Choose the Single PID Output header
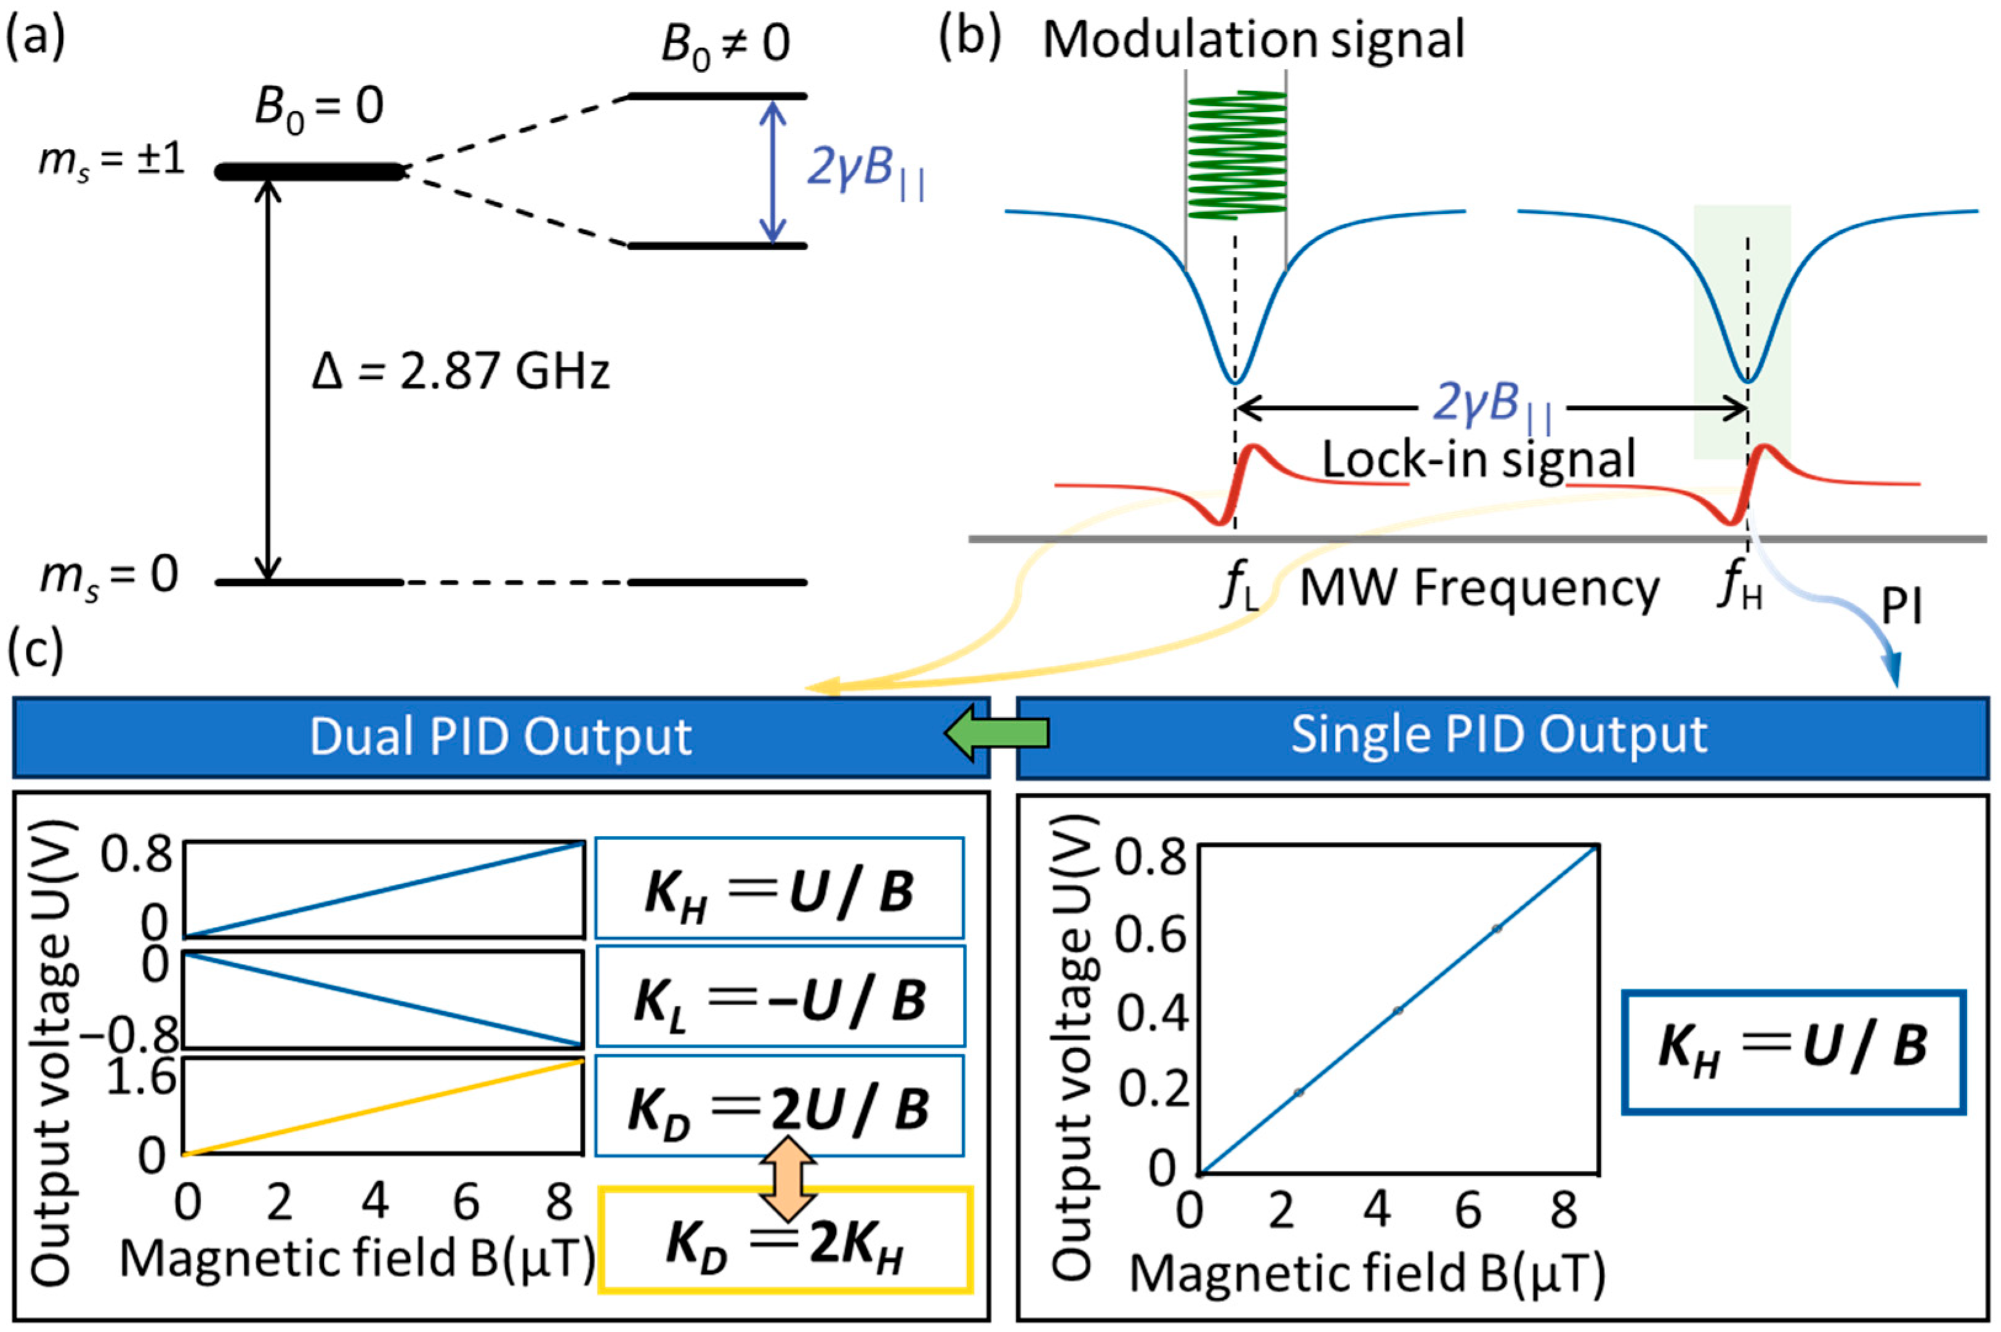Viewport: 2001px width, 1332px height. point(1500,735)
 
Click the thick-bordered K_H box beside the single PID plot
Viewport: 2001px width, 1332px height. point(1793,1051)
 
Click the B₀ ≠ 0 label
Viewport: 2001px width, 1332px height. point(725,44)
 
